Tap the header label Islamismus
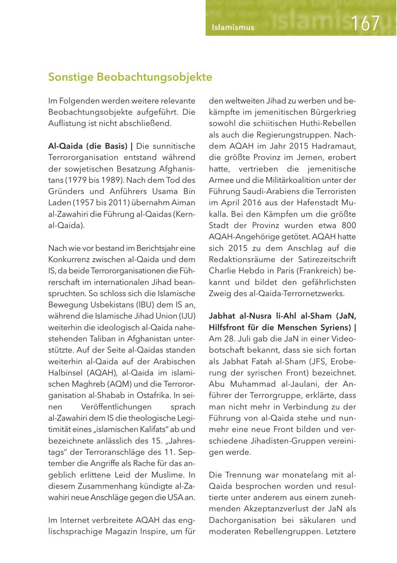pyautogui.click(x=233, y=27)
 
